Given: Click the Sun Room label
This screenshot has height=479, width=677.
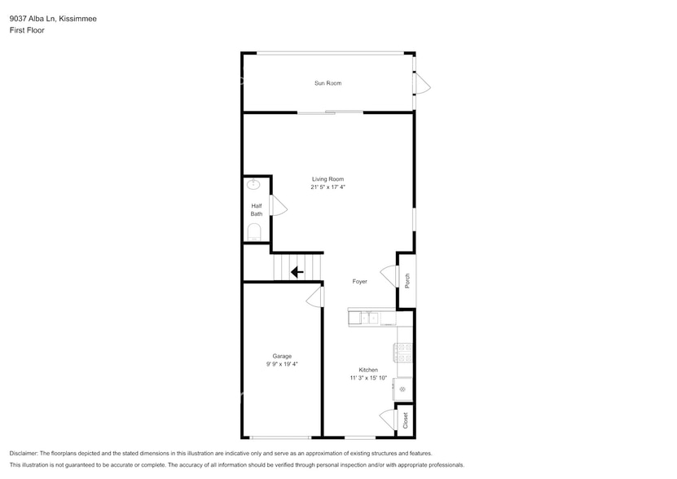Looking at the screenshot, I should tap(328, 83).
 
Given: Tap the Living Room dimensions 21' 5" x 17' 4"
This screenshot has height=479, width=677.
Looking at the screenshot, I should tap(328, 187).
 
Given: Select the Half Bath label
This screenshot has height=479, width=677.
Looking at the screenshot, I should tap(256, 209).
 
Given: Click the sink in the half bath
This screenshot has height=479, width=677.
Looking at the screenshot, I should tap(253, 185).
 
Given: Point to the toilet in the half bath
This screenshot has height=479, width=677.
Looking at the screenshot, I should tap(253, 231).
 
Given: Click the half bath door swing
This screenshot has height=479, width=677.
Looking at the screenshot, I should tap(278, 206).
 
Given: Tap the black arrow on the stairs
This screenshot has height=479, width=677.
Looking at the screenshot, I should tap(297, 272).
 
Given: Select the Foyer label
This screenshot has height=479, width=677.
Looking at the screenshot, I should tap(359, 282).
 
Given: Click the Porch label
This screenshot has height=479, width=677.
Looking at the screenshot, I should tap(407, 280).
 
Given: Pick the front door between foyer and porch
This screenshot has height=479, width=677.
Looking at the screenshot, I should tap(389, 276).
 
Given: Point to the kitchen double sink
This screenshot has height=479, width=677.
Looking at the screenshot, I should tap(371, 318).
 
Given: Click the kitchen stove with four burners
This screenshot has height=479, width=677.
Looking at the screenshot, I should tap(403, 352).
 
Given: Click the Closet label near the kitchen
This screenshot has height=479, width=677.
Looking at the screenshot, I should tap(405, 420).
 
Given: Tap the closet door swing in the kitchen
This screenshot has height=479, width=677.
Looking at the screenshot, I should tap(388, 419).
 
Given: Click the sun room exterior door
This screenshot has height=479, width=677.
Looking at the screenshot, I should tap(421, 83).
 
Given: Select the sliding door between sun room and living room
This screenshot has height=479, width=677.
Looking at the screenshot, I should tap(330, 112).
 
